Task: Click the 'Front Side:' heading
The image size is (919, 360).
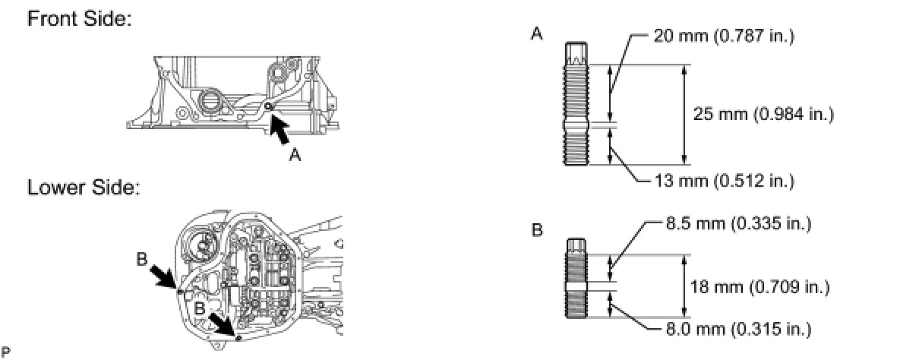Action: coord(80,21)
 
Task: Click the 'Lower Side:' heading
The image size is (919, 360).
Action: coord(84,188)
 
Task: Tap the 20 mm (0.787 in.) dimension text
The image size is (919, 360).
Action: coord(723,36)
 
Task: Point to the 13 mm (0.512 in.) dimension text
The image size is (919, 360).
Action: coord(723,181)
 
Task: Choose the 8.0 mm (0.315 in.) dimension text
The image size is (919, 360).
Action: coord(733,329)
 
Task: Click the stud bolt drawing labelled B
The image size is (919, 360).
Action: coord(575,279)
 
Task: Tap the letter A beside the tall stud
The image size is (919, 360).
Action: coord(537,34)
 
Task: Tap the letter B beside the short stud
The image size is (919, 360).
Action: coord(537,229)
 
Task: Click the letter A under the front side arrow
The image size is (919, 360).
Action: coord(296,155)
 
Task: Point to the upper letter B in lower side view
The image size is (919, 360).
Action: coord(142,259)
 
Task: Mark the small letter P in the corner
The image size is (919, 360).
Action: coord(6,352)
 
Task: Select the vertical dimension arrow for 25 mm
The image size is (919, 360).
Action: coord(685,115)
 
